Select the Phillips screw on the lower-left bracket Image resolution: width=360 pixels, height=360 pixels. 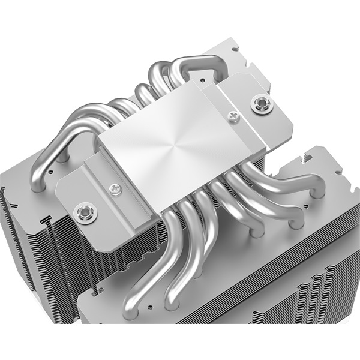coord(113,189)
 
